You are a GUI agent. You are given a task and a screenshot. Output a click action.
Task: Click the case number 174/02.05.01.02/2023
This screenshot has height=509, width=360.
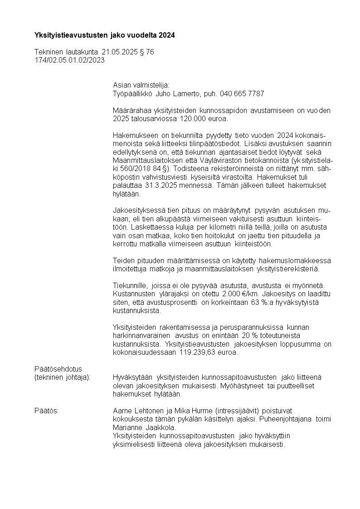[x=69, y=60]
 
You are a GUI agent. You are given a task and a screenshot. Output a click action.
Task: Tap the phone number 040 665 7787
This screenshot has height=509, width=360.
[x=242, y=93]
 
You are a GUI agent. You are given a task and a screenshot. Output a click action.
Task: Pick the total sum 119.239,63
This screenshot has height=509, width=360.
[x=201, y=352]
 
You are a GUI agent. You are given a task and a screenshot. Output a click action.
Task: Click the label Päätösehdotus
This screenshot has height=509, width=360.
[x=58, y=369]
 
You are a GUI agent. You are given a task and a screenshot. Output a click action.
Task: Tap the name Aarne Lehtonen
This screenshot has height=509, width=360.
[x=140, y=411]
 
